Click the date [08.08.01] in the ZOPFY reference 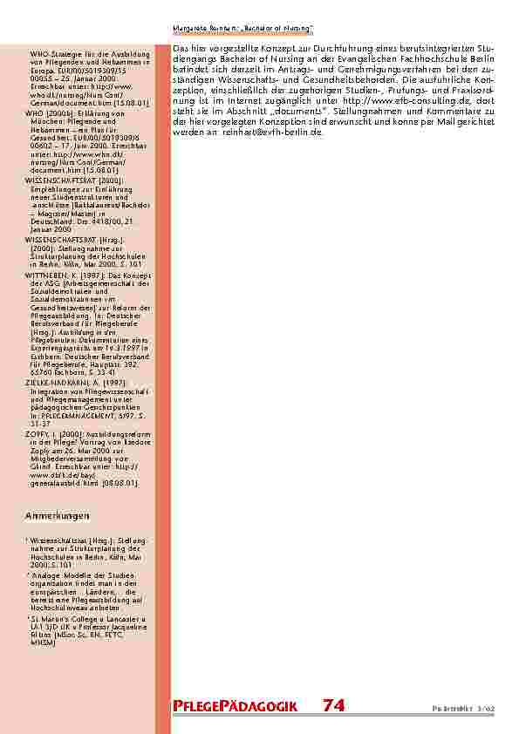click(x=119, y=482)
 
